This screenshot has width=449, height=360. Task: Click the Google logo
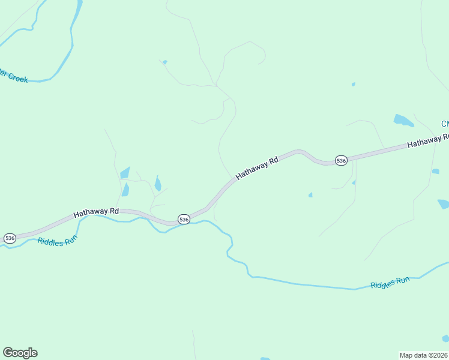click(x=20, y=353)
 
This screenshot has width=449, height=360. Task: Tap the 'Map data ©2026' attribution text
click(x=424, y=355)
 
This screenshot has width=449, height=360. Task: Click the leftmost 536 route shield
click(x=10, y=238)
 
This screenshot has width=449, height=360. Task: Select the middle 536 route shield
click(x=184, y=220)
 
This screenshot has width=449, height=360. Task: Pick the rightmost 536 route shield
click(x=341, y=160)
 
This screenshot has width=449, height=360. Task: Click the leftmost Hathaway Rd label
click(x=96, y=212)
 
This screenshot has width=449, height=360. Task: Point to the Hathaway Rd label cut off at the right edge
click(x=427, y=142)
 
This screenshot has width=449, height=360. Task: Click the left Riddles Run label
click(x=58, y=242)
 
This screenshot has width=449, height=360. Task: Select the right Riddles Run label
click(x=390, y=282)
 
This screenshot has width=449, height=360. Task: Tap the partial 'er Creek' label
click(x=13, y=76)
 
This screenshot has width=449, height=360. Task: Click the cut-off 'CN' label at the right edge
click(x=445, y=124)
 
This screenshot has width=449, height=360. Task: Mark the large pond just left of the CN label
click(x=403, y=121)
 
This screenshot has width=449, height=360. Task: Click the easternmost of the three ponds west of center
click(x=157, y=183)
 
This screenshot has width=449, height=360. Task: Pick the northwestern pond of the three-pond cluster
click(x=125, y=173)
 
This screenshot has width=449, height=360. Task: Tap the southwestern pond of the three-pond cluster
click(x=125, y=190)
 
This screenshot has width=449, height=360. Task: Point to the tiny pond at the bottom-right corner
click(x=445, y=338)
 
